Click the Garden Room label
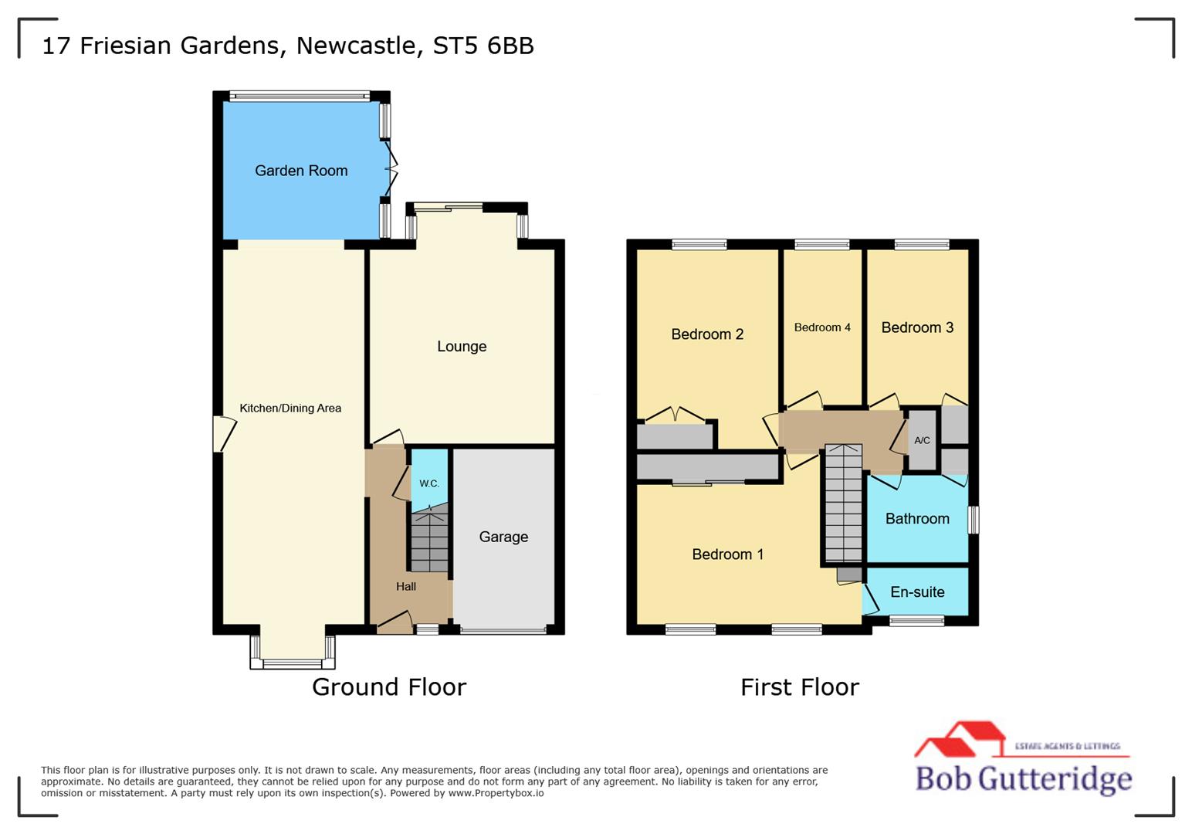[x=301, y=171]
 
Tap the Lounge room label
[x=462, y=347]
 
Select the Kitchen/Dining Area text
[x=290, y=409]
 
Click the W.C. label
[x=429, y=483]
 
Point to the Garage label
[x=503, y=537]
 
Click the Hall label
[x=406, y=587]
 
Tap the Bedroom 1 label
[x=727, y=554]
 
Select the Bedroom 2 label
[x=707, y=334]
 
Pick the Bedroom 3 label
[x=917, y=327]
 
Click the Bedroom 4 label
[x=822, y=327]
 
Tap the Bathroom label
[x=917, y=519]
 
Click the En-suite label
[x=917, y=592]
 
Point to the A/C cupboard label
[x=922, y=441]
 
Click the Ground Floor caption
[x=389, y=687]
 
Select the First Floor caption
[x=799, y=687]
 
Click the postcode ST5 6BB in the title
[x=483, y=46]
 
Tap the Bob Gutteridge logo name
[x=1023, y=778]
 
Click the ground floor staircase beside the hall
[x=429, y=541]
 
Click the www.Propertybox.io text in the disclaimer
[x=496, y=793]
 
